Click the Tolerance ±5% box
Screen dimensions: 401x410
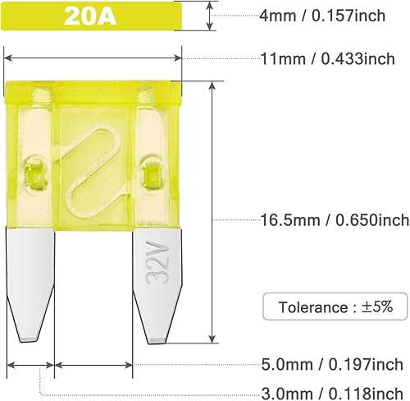click(x=335, y=307)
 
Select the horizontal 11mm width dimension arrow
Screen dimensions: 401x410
click(x=93, y=58)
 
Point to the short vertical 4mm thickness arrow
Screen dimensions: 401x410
click(x=212, y=15)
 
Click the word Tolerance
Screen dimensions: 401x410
click(x=312, y=307)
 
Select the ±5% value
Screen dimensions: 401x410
click(x=377, y=307)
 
